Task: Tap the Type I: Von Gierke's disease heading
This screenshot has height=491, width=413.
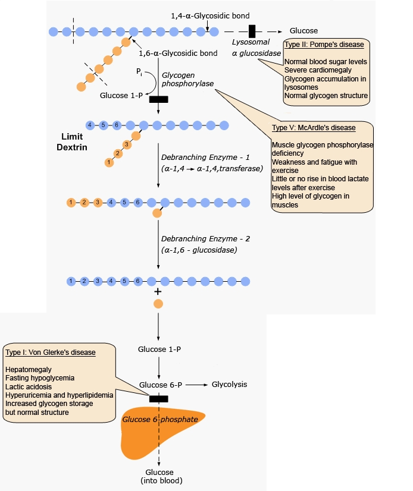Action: coord(50,352)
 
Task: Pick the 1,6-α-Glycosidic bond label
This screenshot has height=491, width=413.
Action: coord(170,53)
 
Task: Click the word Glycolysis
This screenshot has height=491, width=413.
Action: coord(229,385)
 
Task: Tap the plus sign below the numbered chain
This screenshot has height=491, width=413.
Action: coord(158,292)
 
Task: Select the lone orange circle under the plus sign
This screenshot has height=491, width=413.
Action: coord(158,304)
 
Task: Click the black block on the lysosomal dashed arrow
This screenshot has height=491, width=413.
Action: coord(252,30)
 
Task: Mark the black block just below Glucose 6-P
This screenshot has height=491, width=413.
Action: coord(158,398)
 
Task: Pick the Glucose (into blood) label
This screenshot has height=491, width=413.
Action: coord(158,476)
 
